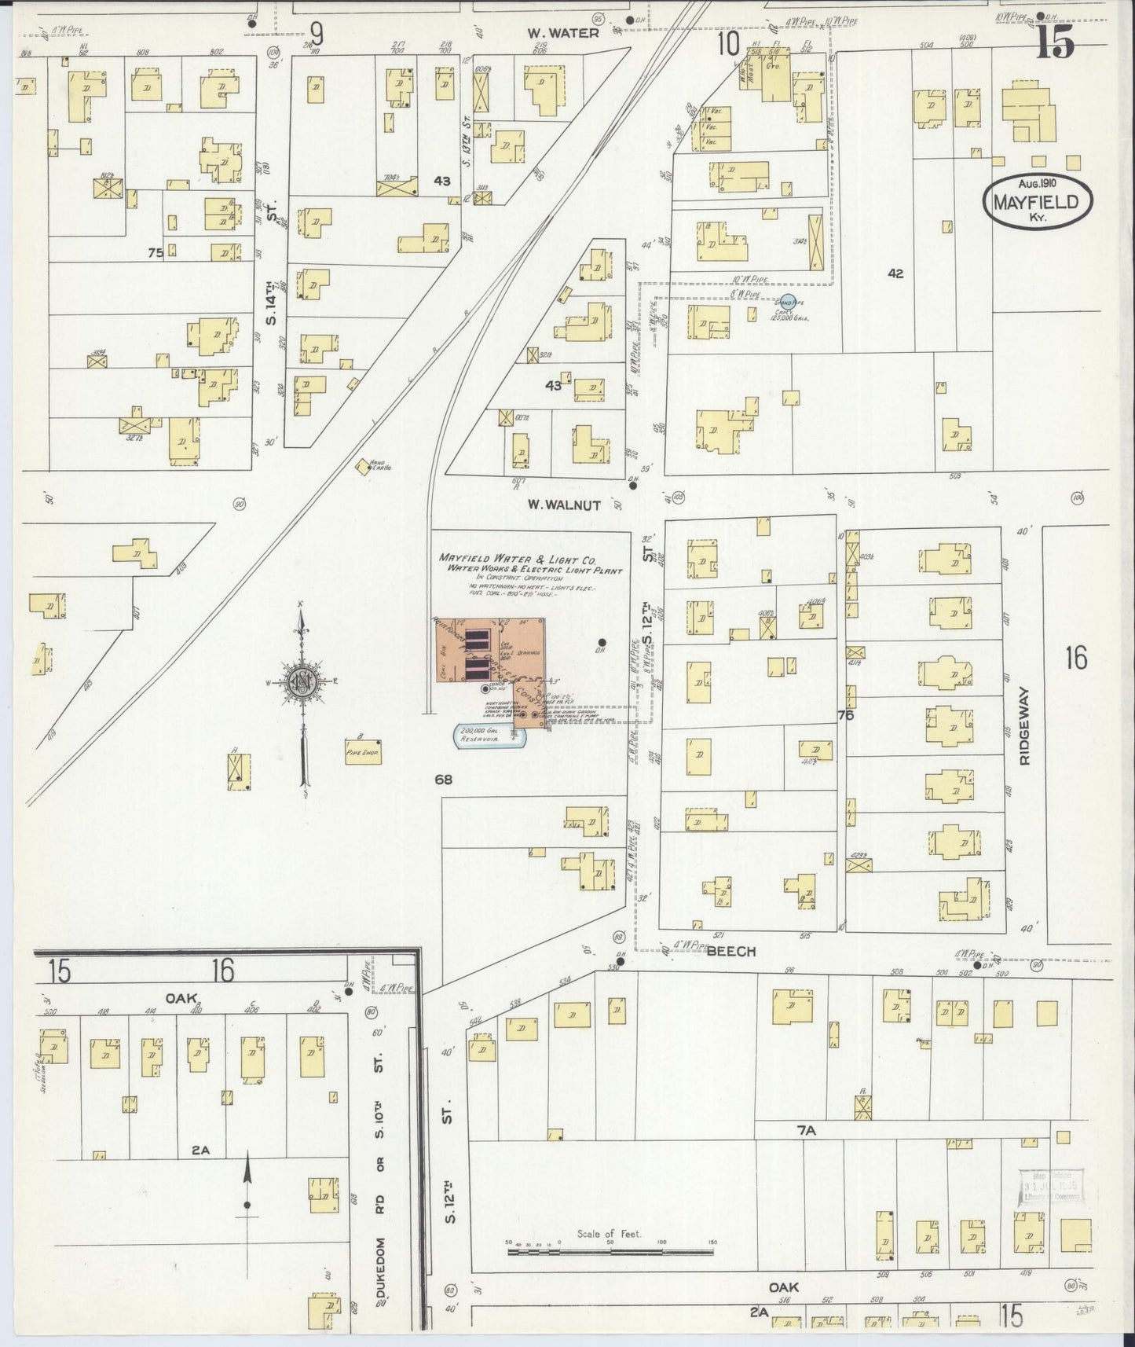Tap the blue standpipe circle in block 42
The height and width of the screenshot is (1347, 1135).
(787, 302)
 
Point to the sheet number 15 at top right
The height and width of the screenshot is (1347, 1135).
(1054, 45)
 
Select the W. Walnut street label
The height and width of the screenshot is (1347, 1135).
(564, 505)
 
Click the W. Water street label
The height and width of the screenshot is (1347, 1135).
(562, 32)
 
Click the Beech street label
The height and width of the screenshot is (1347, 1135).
(730, 951)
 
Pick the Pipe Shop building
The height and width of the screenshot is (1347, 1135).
(363, 751)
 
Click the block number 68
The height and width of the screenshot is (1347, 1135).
(444, 780)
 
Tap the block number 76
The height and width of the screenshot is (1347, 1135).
(845, 715)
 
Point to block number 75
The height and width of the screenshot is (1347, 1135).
(155, 253)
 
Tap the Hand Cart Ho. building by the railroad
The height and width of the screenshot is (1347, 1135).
(364, 466)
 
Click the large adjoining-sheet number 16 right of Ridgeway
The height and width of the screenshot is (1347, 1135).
(1076, 658)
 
